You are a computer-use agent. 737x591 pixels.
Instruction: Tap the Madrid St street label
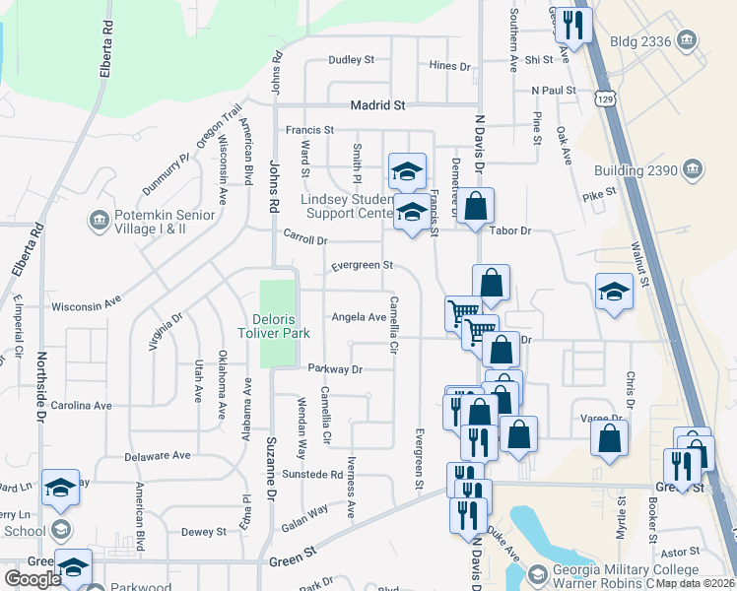(379, 105)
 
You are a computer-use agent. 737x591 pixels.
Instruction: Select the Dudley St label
(352, 60)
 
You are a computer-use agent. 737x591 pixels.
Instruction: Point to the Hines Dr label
(450, 66)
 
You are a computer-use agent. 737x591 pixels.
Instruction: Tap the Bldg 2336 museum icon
(688, 40)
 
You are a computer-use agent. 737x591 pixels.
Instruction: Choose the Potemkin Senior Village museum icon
(99, 220)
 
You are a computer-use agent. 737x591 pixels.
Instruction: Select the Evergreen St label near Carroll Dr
(362, 266)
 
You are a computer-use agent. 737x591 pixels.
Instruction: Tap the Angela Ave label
(359, 317)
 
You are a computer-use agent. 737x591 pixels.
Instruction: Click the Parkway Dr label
(335, 369)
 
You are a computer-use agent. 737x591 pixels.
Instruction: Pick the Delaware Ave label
(158, 456)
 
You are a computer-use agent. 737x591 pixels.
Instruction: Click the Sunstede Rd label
(311, 474)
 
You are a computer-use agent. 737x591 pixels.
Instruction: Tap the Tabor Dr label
(511, 230)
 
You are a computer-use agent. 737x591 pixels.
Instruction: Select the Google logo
(33, 578)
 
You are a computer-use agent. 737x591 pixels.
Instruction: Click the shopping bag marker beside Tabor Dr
(475, 207)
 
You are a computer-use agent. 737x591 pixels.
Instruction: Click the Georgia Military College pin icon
(538, 574)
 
